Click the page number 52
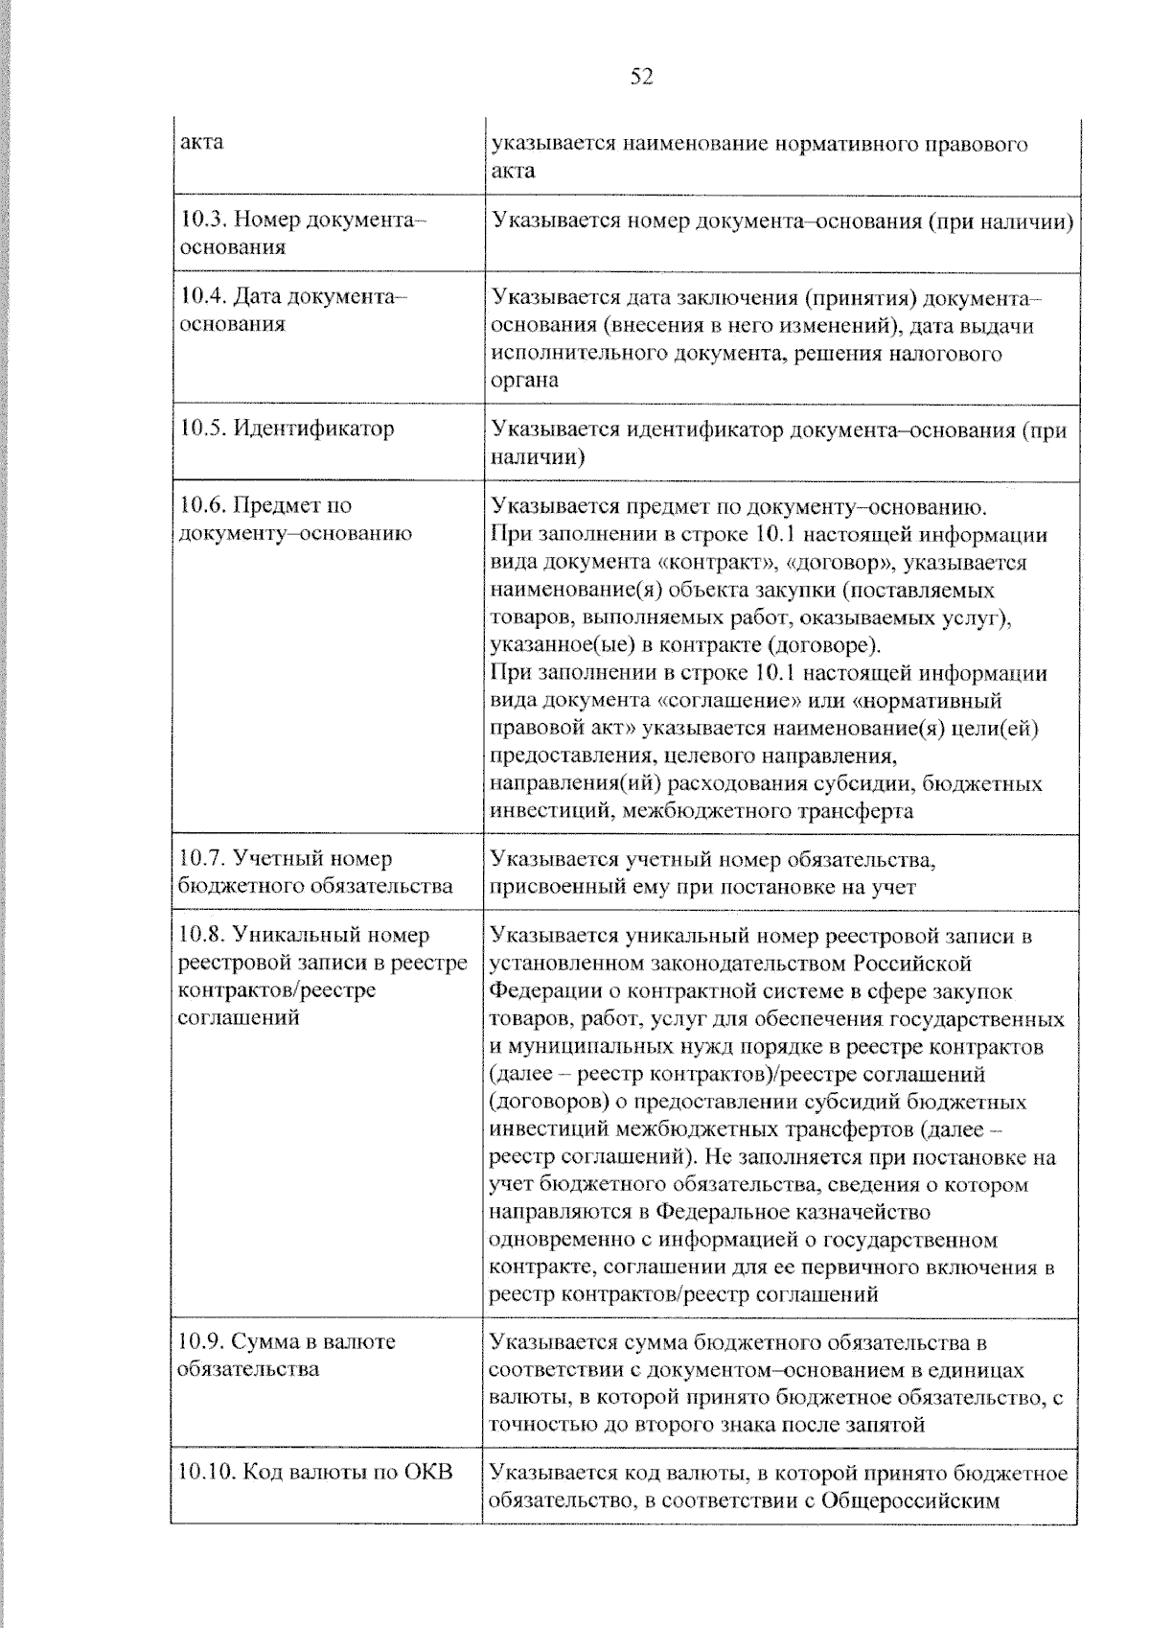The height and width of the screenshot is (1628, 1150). click(641, 77)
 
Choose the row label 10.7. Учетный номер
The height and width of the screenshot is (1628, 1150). click(286, 858)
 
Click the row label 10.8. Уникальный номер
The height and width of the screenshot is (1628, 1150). click(305, 934)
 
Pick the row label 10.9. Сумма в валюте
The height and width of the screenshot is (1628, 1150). click(287, 1341)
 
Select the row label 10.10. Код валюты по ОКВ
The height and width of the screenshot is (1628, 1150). click(316, 1472)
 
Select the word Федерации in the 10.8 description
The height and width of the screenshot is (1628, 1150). click(538, 990)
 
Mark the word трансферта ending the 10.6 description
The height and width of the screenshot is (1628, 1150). click(856, 811)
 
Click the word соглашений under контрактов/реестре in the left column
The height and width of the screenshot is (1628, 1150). click(239, 1017)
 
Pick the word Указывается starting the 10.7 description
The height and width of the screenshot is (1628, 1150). click(554, 858)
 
